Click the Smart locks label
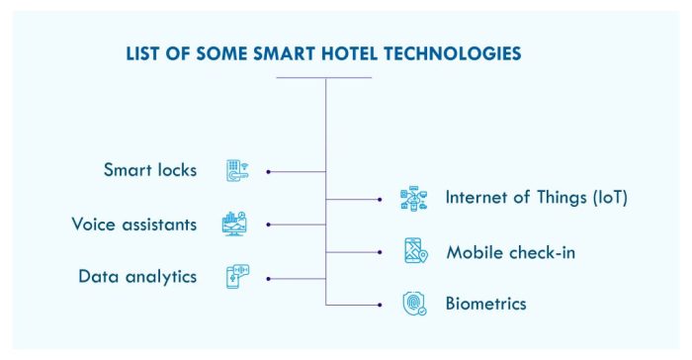(150, 170)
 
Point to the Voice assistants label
(133, 224)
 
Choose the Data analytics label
(137, 276)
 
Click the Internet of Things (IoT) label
(536, 197)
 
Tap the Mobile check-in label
(510, 251)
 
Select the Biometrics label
(485, 304)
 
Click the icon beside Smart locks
(236, 170)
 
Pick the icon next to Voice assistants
(234, 224)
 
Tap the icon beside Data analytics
(236, 276)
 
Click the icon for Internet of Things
(413, 198)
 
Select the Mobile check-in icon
(414, 251)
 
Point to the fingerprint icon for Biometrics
(413, 304)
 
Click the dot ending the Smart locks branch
(269, 171)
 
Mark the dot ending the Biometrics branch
(380, 305)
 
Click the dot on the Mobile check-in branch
(380, 251)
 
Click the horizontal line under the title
(324, 77)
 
